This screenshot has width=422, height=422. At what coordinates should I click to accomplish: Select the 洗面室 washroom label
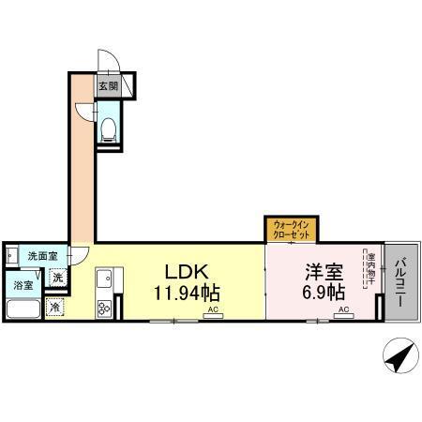pyautogui.click(x=42, y=255)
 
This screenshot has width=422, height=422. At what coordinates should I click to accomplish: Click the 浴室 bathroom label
pyautogui.click(x=22, y=285)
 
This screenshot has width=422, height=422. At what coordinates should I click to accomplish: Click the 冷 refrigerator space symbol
pyautogui.click(x=55, y=307)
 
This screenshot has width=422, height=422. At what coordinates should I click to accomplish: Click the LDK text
pyautogui.click(x=187, y=272)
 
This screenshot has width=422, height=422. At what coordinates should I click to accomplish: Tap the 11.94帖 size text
pyautogui.click(x=187, y=293)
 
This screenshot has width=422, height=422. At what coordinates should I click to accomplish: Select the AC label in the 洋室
pyautogui.click(x=343, y=309)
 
